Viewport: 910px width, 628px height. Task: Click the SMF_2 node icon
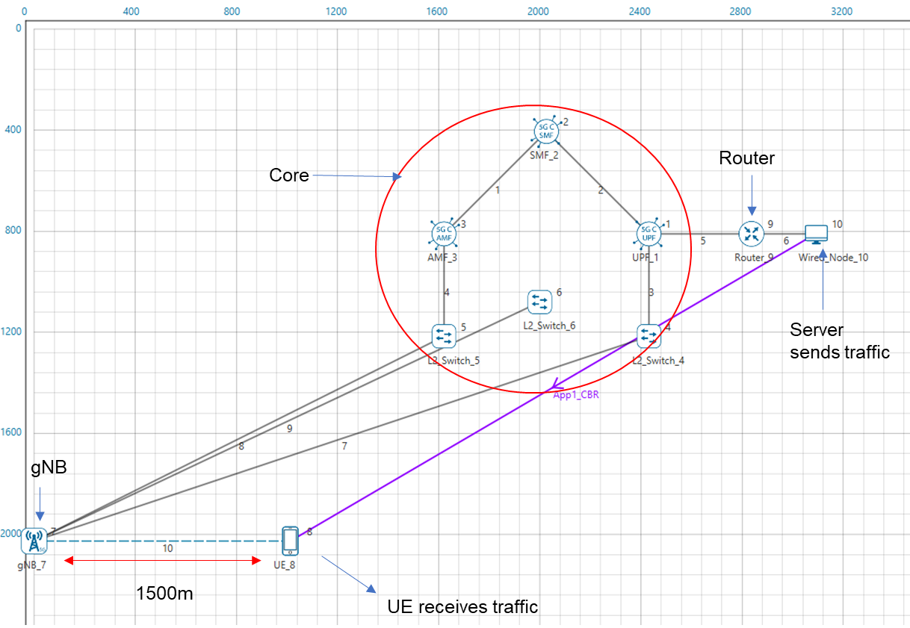coord(545,132)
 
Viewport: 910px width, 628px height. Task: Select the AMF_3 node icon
coord(444,234)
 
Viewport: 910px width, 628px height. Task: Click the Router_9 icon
coord(751,234)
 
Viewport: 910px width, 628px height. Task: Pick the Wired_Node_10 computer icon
coord(817,234)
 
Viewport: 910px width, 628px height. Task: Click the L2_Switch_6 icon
coord(539,302)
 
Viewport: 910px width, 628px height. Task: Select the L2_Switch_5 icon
coord(444,336)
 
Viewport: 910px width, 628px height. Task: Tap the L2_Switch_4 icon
coord(649,336)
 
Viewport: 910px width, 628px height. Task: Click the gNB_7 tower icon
coord(34,539)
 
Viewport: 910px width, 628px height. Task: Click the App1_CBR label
coord(576,396)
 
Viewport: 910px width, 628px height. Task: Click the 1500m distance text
coord(165,593)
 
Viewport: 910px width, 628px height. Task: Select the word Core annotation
coord(288,175)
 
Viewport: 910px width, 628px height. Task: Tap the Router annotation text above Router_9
coord(746,158)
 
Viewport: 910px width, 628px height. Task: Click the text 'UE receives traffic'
coord(462,606)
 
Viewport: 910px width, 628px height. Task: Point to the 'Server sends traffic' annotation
coord(840,341)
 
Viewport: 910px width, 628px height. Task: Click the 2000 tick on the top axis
coord(538,12)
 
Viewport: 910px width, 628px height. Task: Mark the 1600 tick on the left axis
coord(13,432)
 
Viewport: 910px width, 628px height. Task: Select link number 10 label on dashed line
coord(167,548)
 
